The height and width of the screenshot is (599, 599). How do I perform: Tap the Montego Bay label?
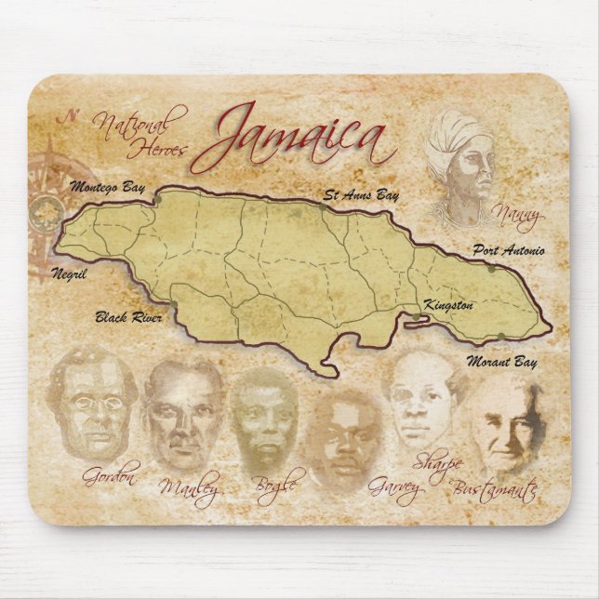pyautogui.click(x=108, y=188)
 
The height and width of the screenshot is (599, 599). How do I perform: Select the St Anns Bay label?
pyautogui.click(x=361, y=195)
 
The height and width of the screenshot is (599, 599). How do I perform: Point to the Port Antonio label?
pyautogui.click(x=508, y=250)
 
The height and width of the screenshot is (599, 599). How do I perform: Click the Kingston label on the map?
pyautogui.click(x=448, y=304)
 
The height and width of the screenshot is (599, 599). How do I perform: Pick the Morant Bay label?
pyautogui.click(x=500, y=360)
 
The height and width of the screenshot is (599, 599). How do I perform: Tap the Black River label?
pyautogui.click(x=128, y=317)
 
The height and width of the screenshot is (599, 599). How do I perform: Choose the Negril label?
pyautogui.click(x=70, y=274)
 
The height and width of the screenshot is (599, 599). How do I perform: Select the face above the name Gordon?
pyautogui.click(x=93, y=405)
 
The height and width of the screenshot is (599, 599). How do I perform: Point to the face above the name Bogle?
pyautogui.click(x=264, y=420)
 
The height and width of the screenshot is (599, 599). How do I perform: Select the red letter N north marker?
pyautogui.click(x=66, y=117)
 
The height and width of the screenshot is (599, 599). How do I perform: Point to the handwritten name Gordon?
pyautogui.click(x=110, y=477)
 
